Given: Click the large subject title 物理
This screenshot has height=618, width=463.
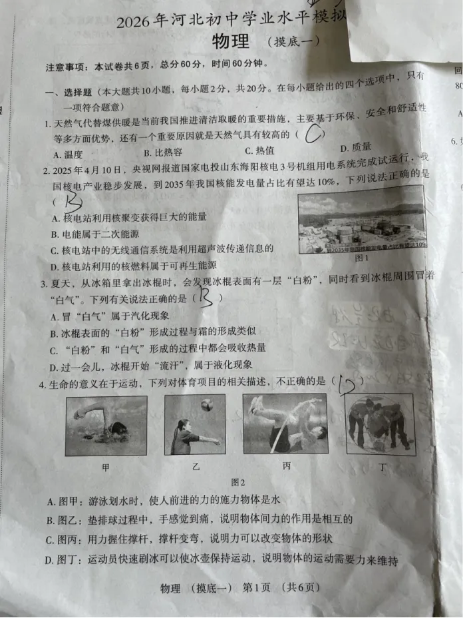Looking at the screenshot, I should [x=231, y=41].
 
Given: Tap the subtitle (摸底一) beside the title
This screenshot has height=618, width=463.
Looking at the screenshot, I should [x=293, y=42].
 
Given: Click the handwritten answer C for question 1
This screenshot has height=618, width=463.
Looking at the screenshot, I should [x=313, y=135].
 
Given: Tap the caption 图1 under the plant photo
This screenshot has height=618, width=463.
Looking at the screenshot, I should [x=362, y=258].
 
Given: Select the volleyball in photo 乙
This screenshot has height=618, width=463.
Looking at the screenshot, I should [x=208, y=404].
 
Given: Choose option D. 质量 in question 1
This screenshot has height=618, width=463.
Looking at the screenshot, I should [x=355, y=148].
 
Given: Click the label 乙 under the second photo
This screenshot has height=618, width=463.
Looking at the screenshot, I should [x=196, y=467].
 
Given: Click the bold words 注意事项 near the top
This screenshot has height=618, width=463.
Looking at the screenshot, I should [x=67, y=67].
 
